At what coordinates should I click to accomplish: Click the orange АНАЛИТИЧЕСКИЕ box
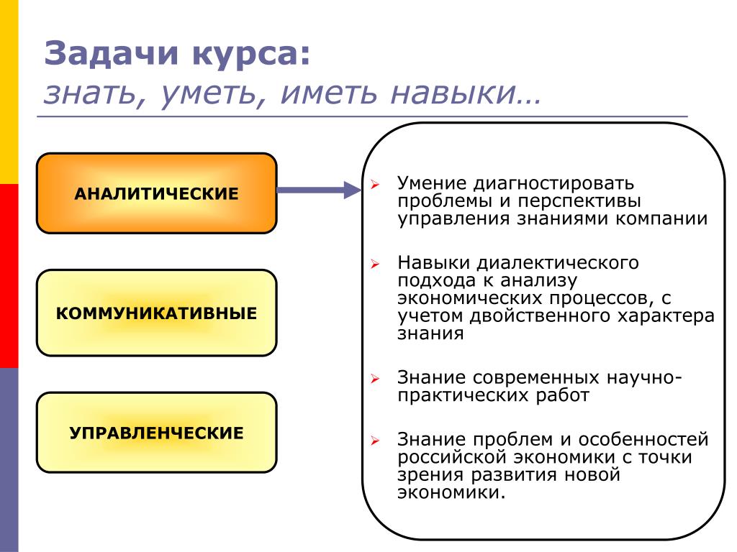click(x=156, y=193)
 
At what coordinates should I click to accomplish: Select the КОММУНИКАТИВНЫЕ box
click(x=156, y=313)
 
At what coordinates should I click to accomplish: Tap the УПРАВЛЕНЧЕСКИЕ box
click(x=156, y=433)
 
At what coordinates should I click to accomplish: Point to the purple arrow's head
click(x=351, y=190)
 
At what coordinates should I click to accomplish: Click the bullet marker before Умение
click(x=375, y=185)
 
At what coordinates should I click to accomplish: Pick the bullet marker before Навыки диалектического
click(x=375, y=264)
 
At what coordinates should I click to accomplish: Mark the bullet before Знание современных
click(x=375, y=379)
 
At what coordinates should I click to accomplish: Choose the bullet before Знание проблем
click(x=375, y=441)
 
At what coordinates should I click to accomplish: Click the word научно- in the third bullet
click(x=645, y=377)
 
